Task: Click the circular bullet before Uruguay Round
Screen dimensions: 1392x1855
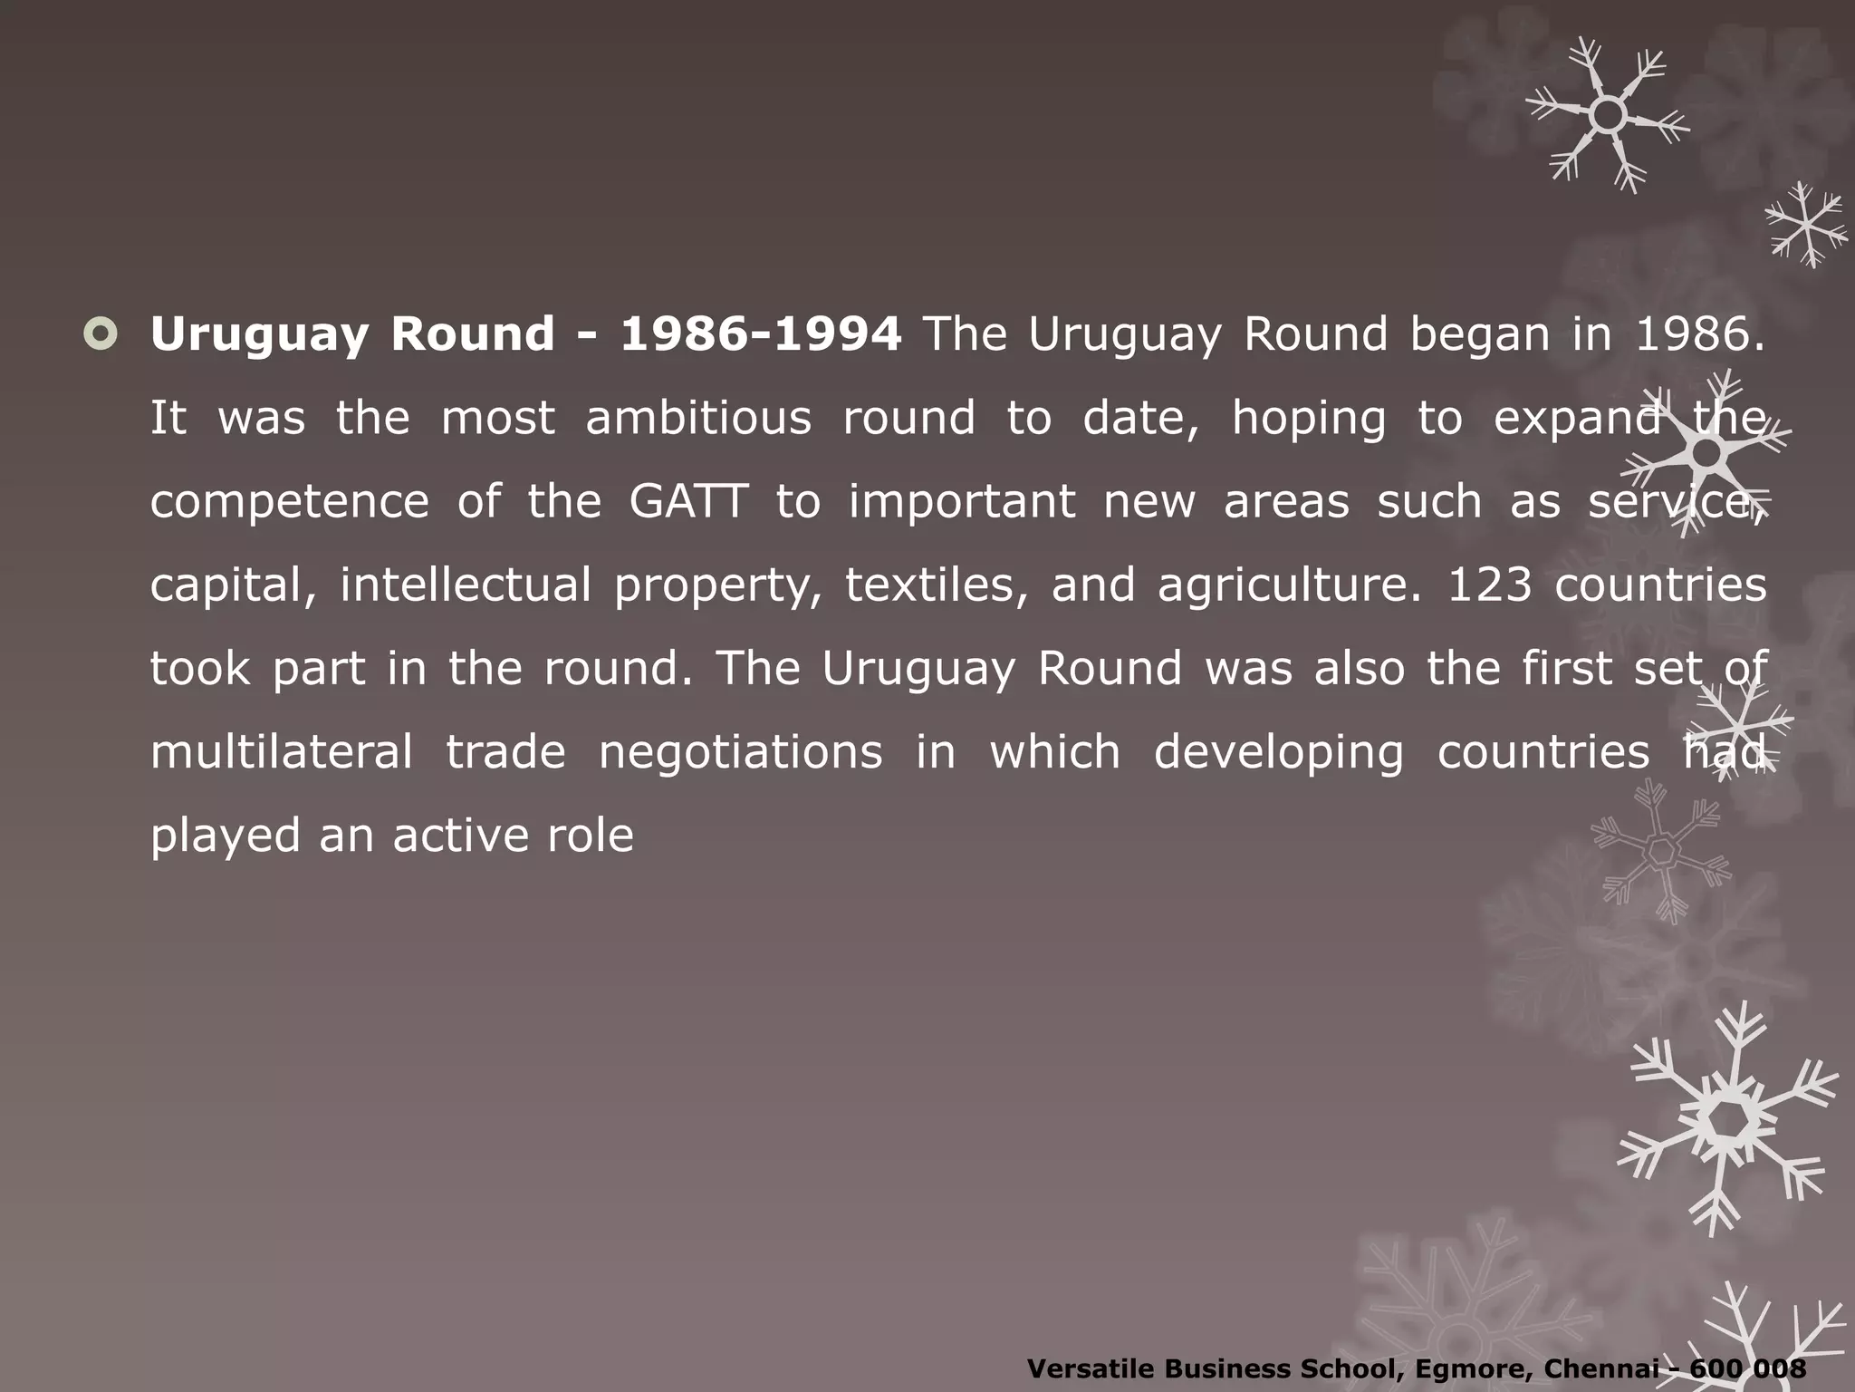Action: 100,334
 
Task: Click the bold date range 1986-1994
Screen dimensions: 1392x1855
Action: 760,334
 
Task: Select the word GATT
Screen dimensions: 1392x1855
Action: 688,501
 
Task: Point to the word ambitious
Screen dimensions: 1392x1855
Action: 698,418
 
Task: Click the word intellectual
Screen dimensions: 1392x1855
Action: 466,585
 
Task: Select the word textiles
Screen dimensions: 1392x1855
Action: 937,585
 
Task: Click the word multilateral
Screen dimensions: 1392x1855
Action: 281,751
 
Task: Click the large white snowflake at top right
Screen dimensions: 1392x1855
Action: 1608,115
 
